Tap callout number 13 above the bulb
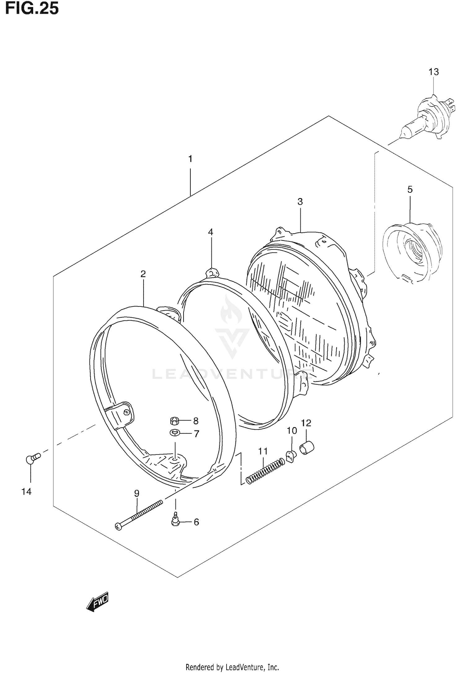(433, 72)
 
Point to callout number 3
(300, 202)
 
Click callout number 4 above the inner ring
(210, 232)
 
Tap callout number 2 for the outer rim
(143, 274)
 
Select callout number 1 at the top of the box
(190, 159)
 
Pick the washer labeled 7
(175, 433)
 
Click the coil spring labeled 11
(265, 472)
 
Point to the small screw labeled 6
(175, 522)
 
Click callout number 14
(27, 492)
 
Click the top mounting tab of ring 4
(212, 273)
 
